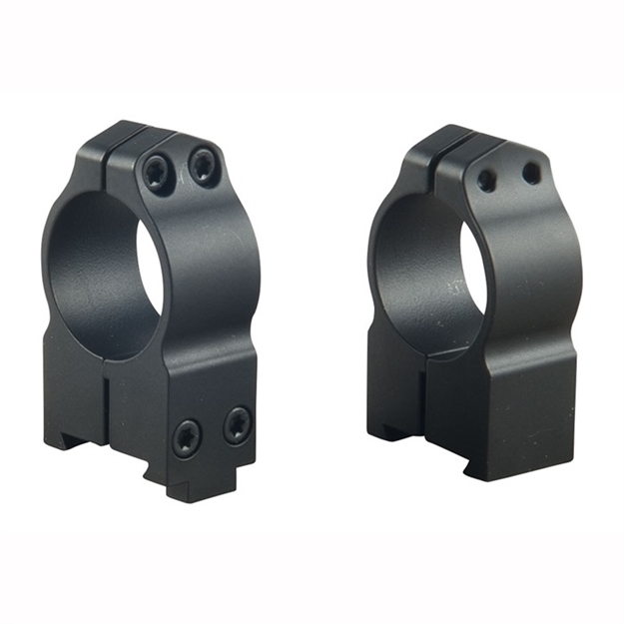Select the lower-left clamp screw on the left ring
pos(187,437)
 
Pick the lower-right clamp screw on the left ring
pos(237,425)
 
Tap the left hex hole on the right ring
pos(487,180)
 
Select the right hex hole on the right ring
pos(531,172)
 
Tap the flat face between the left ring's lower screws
pos(212,431)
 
